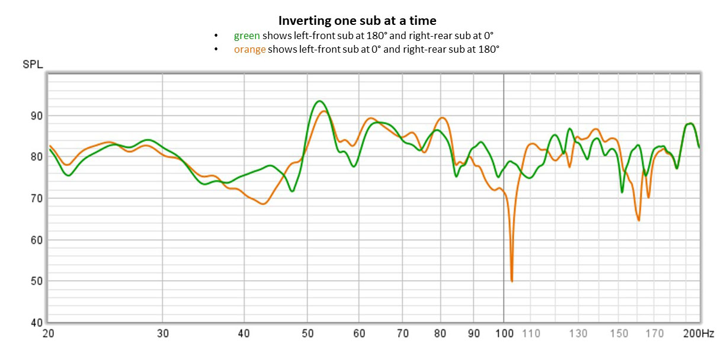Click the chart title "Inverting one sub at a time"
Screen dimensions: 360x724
click(357, 21)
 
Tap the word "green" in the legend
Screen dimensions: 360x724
click(246, 36)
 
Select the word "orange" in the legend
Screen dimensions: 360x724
click(249, 49)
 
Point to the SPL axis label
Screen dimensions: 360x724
click(32, 65)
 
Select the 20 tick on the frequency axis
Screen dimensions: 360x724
click(48, 333)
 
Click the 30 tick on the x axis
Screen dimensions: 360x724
click(163, 333)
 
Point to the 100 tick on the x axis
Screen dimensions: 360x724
click(504, 333)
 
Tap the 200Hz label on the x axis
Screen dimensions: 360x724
click(698, 333)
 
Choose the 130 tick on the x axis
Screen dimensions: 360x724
click(579, 333)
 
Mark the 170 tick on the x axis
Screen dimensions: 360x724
click(655, 333)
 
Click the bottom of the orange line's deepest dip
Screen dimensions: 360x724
click(511, 281)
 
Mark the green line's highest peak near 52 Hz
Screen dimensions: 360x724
click(319, 101)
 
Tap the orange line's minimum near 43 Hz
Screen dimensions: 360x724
click(264, 204)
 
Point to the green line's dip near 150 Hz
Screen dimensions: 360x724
click(622, 192)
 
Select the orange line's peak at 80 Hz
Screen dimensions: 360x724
click(442, 118)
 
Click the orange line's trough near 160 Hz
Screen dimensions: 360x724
click(639, 220)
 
